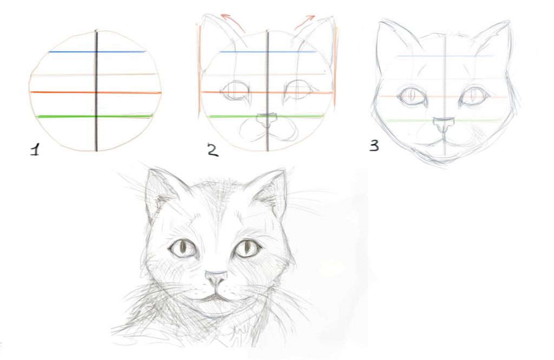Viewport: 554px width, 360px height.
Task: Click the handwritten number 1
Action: [35, 149]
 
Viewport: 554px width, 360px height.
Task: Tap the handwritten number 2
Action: [213, 150]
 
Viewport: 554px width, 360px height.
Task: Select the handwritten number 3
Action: [374, 145]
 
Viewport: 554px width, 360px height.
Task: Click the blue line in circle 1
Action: [97, 52]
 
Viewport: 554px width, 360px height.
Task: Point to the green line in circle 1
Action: [95, 116]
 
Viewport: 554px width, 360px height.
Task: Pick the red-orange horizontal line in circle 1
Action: [95, 92]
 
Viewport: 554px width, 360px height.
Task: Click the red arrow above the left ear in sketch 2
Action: [234, 22]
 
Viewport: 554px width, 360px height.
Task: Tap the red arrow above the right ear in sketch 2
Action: [304, 22]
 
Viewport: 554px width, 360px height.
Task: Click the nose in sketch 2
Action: [266, 121]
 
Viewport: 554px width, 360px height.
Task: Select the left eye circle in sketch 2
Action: [235, 90]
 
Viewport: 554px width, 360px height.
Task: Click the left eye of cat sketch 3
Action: [411, 95]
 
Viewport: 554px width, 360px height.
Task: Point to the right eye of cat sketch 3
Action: [475, 95]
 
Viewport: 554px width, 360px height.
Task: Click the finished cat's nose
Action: [216, 278]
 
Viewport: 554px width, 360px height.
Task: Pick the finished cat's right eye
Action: [247, 248]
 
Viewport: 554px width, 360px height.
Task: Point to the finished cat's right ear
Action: [271, 192]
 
